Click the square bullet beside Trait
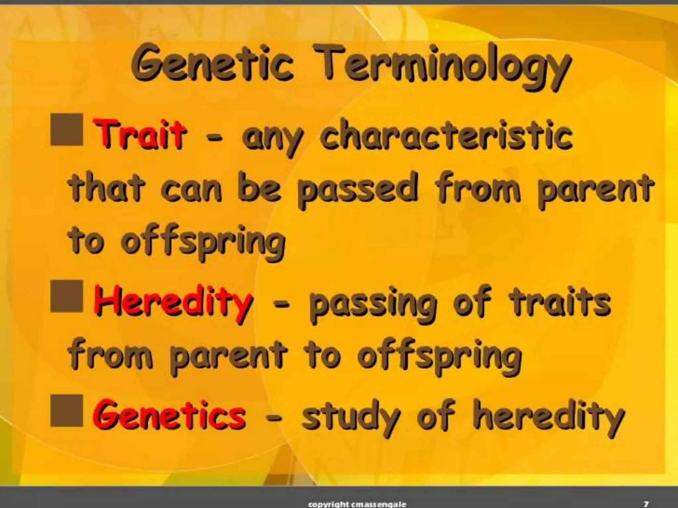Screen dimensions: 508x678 pyautogui.click(x=67, y=130)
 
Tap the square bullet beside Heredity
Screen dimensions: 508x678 pyautogui.click(x=67, y=296)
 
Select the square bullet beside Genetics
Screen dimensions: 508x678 pyautogui.click(x=67, y=410)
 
